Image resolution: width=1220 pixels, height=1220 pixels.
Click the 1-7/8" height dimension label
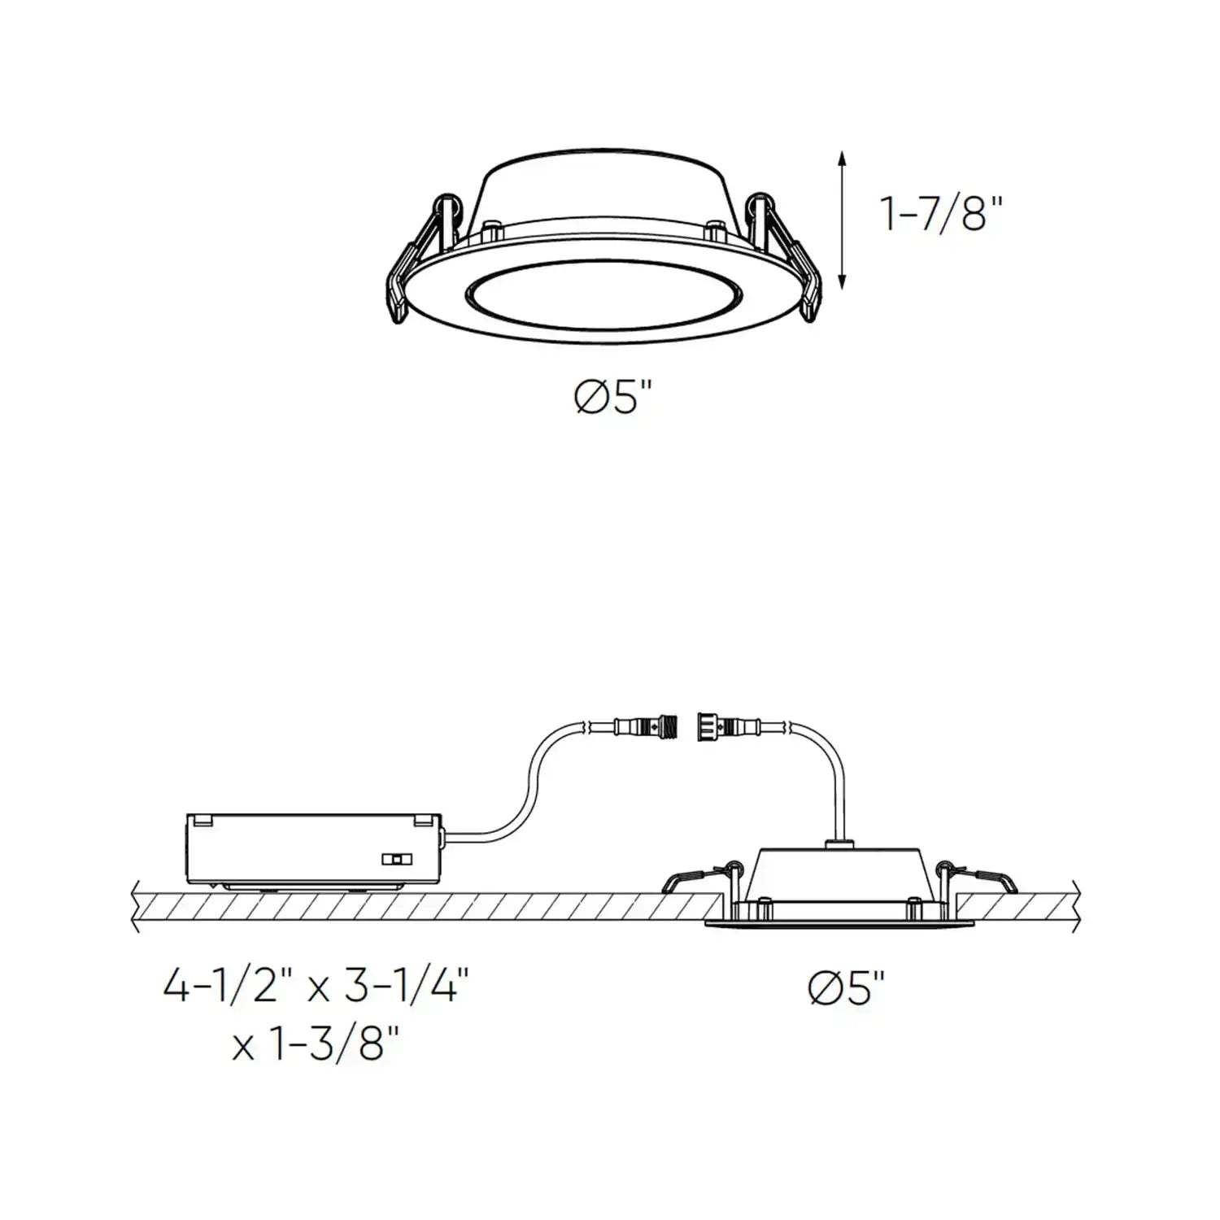click(x=942, y=214)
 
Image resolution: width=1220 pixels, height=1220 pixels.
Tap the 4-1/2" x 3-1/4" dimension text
click(x=316, y=987)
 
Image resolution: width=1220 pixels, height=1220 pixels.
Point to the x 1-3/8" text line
click(x=316, y=1046)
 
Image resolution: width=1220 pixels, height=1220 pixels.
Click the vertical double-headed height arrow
click(x=843, y=220)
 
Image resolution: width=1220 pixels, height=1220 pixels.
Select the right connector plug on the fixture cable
click(x=724, y=723)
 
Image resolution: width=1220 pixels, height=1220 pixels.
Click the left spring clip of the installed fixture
click(x=698, y=878)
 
